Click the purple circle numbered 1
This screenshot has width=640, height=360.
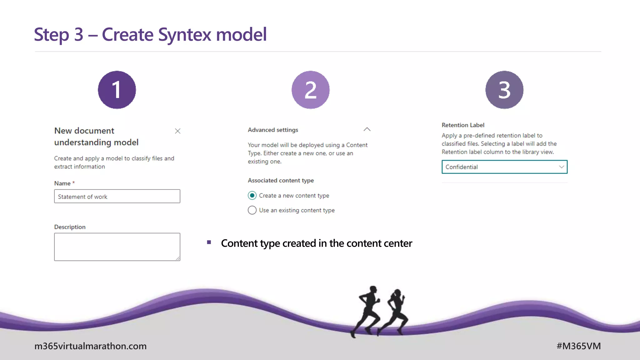pos(117,90)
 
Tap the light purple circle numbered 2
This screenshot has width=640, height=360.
pos(310,90)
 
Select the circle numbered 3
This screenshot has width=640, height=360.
pos(504,90)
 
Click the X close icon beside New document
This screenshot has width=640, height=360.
pos(177,131)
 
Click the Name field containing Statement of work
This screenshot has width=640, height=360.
pos(117,196)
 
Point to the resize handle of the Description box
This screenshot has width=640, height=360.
pos(178,258)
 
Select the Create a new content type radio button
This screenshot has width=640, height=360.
pos(252,196)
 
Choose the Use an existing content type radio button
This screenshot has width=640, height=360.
pos(252,210)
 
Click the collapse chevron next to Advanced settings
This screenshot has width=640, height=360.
pos(367,129)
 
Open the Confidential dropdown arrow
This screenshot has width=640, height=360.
pos(561,167)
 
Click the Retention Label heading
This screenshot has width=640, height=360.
pos(463,125)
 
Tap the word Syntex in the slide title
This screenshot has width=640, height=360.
pos(185,34)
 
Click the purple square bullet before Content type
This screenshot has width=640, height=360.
pos(209,242)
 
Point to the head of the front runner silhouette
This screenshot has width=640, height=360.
pos(373,289)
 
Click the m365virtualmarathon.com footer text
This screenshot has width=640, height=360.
pos(90,346)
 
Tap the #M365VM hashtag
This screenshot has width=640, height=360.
pos(578,346)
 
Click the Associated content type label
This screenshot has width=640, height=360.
pos(281,180)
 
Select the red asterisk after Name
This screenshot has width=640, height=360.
pos(74,182)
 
